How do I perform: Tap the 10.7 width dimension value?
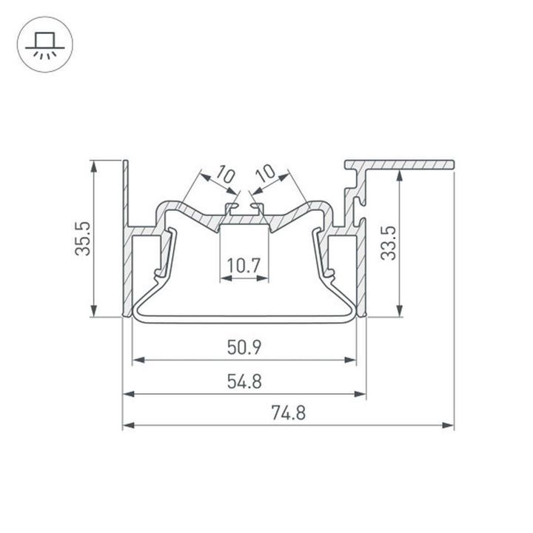pyautogui.click(x=247, y=265)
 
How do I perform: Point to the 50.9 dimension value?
pyautogui.click(x=245, y=346)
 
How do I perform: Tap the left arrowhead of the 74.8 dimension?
pyautogui.click(x=127, y=426)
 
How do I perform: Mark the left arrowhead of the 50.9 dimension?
pyautogui.click(x=136, y=361)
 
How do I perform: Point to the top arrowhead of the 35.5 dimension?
pyautogui.click(x=94, y=165)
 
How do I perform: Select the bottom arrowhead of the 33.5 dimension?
pyautogui.click(x=400, y=312)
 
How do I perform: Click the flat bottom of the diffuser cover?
pyautogui.click(x=245, y=320)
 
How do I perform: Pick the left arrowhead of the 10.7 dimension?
pyautogui.click(x=224, y=279)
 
